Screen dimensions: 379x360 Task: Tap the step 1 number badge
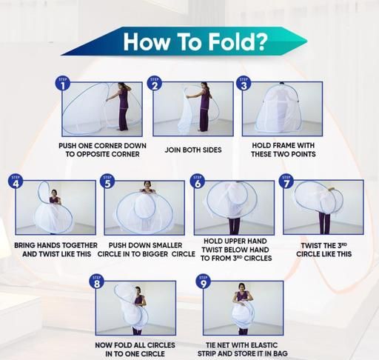tap(62, 84)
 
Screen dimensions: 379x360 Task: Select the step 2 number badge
tap(154, 84)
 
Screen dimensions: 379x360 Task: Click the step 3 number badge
tap(244, 84)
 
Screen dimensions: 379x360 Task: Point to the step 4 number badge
tap(16, 181)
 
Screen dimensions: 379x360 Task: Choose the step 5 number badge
tap(107, 181)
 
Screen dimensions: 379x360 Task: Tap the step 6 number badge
tap(198, 181)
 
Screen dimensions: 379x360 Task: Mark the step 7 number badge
tap(286, 181)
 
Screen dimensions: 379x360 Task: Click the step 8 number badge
tap(97, 281)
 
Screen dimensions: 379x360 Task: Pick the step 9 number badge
tap(203, 281)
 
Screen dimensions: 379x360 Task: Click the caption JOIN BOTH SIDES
tap(193, 150)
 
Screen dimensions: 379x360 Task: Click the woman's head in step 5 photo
tap(147, 184)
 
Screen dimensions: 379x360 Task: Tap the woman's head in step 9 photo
tap(241, 287)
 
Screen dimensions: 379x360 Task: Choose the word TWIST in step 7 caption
tap(310, 246)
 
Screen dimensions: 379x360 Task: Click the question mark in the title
tap(261, 41)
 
